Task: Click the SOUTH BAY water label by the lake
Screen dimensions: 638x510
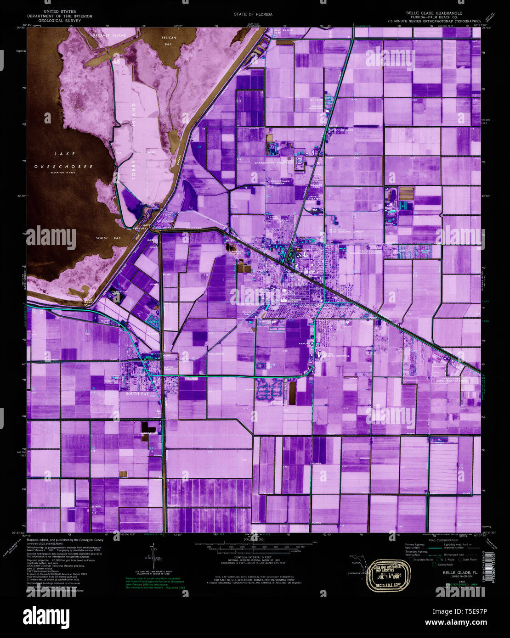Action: tap(108, 238)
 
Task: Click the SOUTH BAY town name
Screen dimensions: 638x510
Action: tap(137, 394)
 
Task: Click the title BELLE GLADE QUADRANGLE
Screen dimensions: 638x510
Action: tap(434, 13)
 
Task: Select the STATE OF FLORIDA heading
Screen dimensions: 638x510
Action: tap(253, 14)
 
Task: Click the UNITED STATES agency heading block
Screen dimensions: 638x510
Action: tap(60, 16)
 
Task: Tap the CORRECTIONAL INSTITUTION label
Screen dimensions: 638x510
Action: tap(273, 162)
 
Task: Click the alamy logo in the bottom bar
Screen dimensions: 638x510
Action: tap(46, 616)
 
